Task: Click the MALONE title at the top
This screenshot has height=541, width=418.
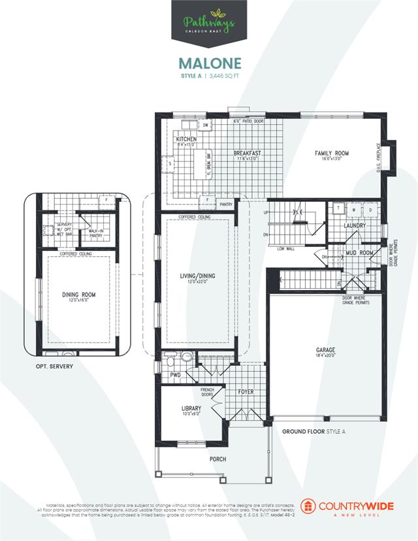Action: pos(209,63)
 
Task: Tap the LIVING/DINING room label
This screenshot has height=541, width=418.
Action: pos(198,276)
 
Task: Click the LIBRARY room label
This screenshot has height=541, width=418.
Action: pos(191,409)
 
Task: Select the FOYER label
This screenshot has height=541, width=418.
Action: pos(246,392)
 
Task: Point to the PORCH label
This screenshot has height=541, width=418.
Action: pos(218,459)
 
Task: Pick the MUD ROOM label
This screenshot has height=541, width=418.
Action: pos(360,252)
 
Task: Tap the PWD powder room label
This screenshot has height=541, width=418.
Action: pos(176,376)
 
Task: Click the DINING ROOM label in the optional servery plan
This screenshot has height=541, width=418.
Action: pos(79,295)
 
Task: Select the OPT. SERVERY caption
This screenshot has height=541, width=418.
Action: pos(54,367)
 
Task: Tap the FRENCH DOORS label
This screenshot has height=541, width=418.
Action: pos(207,392)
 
